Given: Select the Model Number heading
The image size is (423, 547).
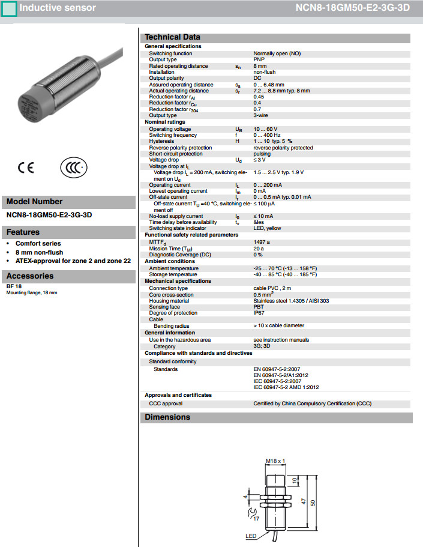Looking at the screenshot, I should tap(34, 202).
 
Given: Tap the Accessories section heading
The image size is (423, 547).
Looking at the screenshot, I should tap(30, 276).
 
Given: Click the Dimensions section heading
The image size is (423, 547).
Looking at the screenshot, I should tap(167, 417).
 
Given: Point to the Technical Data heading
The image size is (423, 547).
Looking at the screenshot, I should tap(173, 37).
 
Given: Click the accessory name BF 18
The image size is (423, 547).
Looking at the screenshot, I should tap(14, 286).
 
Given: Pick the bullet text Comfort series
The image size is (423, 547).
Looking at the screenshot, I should tap(38, 244).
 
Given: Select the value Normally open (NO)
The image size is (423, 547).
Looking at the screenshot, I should tap(277, 53).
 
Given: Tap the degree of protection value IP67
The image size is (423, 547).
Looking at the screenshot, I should tap(259, 313).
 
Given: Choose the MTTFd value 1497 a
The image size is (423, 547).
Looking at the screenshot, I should tap(262, 241).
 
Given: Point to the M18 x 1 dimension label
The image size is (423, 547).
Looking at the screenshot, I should tap(275, 461).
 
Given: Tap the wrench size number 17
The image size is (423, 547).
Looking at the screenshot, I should tap(256, 518).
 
